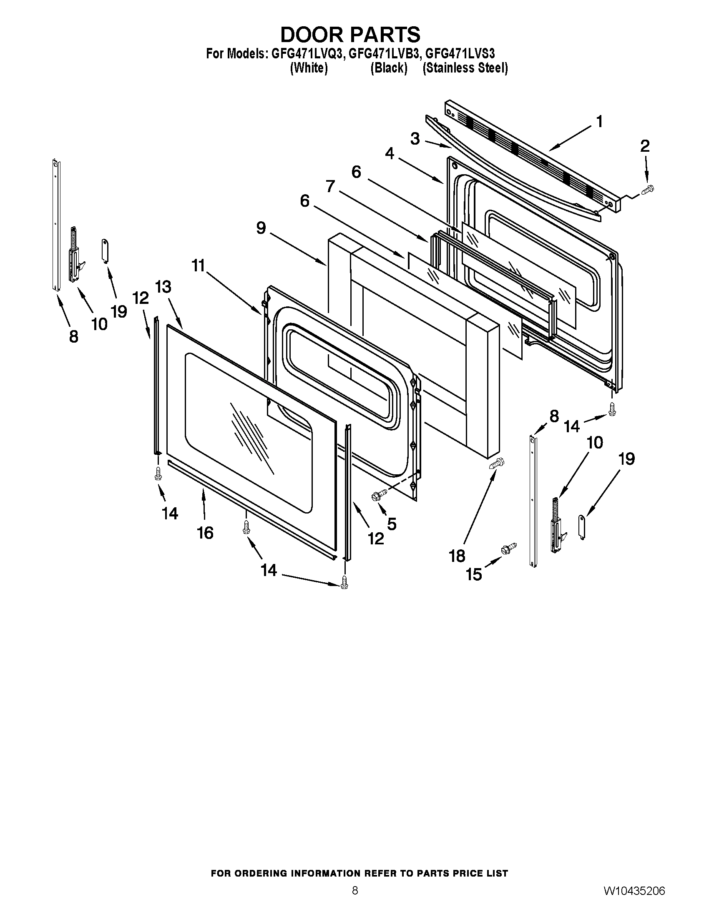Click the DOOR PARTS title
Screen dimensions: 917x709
pos(350,35)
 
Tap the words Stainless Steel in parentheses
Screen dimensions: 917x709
pos(465,68)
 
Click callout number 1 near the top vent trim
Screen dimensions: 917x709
pos(599,122)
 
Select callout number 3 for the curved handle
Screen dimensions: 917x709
pos(415,138)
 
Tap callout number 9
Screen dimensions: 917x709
pos(261,228)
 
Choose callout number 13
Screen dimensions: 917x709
pos(163,287)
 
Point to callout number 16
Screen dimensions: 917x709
pos(206,533)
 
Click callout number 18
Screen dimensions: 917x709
pos(457,556)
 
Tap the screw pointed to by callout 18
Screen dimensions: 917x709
pos(496,464)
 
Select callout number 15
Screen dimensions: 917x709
pos(474,574)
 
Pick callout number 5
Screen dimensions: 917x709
pos(392,524)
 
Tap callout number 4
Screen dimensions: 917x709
pos(390,154)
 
